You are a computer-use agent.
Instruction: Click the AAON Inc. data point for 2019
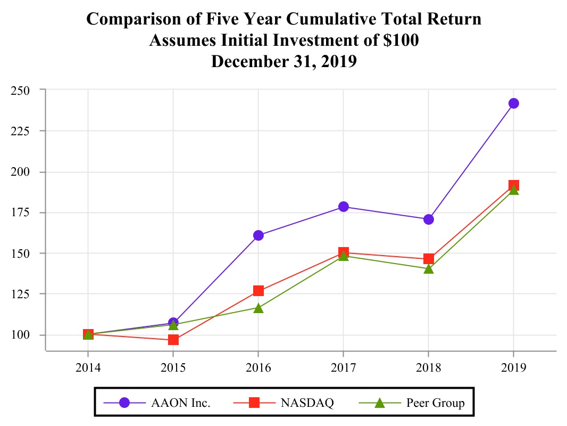point(513,103)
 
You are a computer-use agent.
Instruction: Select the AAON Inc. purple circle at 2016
point(259,235)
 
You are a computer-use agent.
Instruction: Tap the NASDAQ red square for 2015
point(173,339)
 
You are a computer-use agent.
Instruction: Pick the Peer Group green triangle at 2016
point(259,308)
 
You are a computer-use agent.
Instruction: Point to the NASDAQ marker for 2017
point(343,252)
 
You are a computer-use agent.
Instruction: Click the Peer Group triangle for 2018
point(428,269)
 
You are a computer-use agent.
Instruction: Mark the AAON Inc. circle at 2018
point(428,219)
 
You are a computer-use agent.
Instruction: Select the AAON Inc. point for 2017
point(343,207)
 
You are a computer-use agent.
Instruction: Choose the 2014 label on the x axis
point(88,367)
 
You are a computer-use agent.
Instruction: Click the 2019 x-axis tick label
point(513,367)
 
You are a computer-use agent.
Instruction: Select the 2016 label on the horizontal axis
point(259,367)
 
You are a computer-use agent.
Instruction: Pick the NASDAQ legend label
point(307,403)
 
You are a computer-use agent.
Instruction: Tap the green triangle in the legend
point(379,403)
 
